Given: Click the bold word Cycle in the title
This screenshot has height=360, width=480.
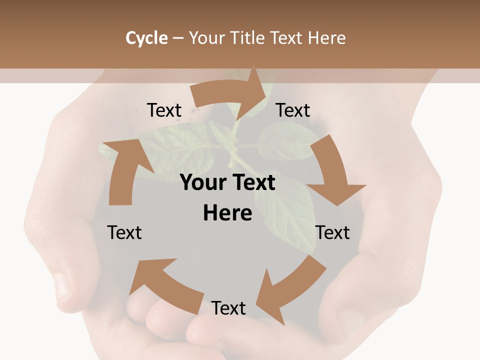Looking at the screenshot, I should click(x=146, y=38).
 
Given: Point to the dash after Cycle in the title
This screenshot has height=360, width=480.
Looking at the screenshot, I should click(x=178, y=38).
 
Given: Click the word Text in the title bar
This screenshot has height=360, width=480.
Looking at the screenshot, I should click(x=287, y=38).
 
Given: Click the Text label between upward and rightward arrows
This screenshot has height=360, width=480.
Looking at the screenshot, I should click(x=164, y=110).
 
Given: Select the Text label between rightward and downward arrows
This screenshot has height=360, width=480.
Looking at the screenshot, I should click(x=293, y=110).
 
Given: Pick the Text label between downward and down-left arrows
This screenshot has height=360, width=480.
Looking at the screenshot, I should click(x=332, y=232).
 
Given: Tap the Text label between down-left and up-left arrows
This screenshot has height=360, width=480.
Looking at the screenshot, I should click(x=228, y=308).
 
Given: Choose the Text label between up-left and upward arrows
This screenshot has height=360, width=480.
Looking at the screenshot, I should click(x=124, y=232).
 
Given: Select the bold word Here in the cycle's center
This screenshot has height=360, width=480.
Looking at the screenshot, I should click(x=227, y=213).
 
